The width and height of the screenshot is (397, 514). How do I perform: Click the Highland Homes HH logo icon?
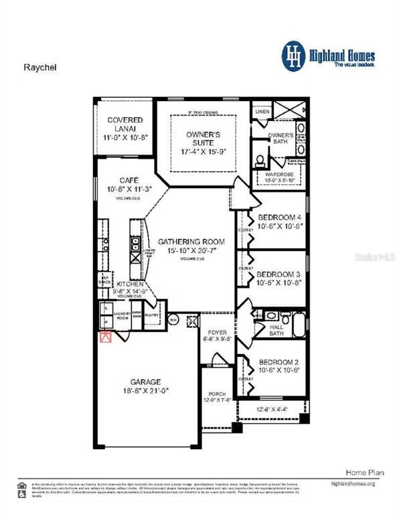tap(293, 54)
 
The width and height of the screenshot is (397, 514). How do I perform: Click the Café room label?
tap(129, 180)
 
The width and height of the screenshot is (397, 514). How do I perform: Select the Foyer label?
tap(218, 332)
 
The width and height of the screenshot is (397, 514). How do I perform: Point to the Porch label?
tap(217, 394)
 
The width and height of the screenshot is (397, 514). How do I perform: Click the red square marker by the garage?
tap(104, 337)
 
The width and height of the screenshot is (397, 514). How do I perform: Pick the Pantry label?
tap(152, 314)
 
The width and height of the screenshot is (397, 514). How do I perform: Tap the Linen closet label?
tap(261, 111)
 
